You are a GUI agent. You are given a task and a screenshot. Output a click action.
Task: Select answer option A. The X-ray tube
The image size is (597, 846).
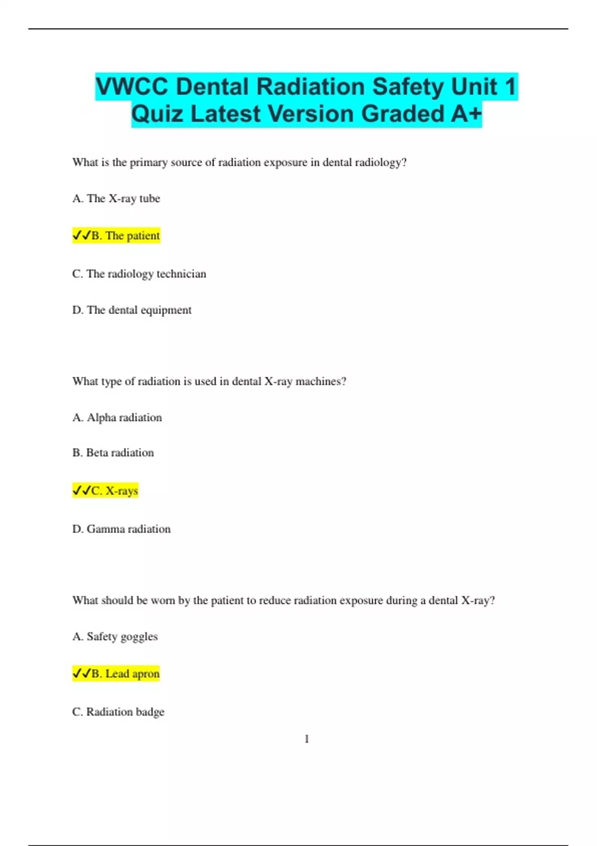[116, 199]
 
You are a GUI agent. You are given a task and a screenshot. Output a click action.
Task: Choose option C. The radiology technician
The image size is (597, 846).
[139, 274]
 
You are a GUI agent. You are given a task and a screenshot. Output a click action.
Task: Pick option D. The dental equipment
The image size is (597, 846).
[132, 310]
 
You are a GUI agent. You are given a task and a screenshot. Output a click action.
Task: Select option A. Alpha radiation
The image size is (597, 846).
[117, 418]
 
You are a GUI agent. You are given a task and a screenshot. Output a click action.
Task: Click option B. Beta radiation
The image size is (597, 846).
[113, 453]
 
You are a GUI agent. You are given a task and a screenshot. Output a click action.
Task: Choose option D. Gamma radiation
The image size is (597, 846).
[121, 529]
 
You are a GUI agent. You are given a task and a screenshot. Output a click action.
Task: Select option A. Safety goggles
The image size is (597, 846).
[115, 636]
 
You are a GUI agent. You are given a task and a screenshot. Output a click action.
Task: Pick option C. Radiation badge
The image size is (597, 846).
[118, 712]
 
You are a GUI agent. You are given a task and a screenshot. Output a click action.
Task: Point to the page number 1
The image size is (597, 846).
[306, 739]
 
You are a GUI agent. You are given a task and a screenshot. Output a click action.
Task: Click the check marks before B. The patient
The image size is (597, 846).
[82, 235]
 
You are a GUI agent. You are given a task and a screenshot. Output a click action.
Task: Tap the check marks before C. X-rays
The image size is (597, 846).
[82, 491]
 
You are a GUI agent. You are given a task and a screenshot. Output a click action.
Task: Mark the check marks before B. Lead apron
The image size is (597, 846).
[82, 674]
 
